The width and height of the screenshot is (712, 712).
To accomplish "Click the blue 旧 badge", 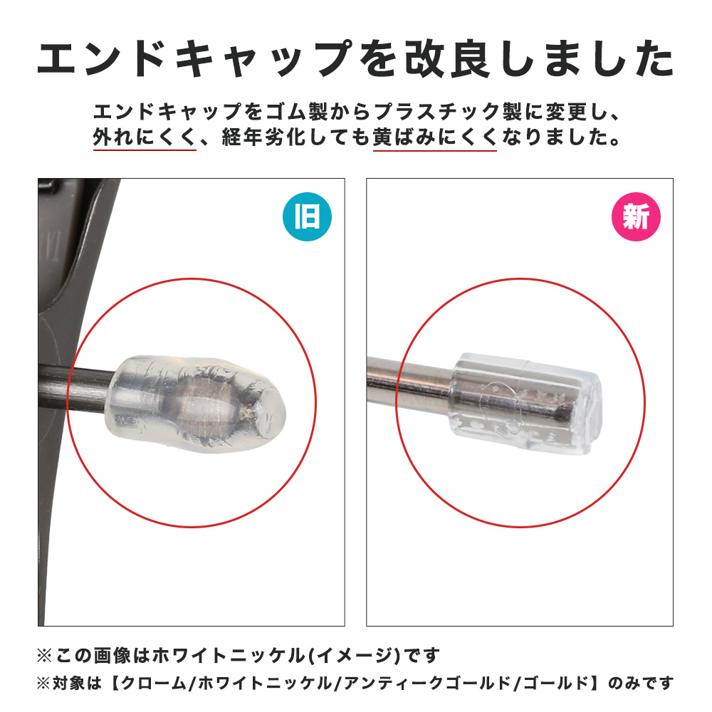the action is (307, 216).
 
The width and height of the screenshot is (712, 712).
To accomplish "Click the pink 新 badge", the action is (636, 216).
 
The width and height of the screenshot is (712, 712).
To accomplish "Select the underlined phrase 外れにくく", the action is (145, 137).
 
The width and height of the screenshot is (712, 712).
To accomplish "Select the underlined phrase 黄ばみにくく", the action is (434, 137).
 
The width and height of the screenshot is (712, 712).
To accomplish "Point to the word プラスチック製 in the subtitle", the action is (449, 112).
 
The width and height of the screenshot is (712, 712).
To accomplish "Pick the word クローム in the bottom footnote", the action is (154, 683).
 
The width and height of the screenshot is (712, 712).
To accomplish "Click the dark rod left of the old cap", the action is (77, 388).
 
